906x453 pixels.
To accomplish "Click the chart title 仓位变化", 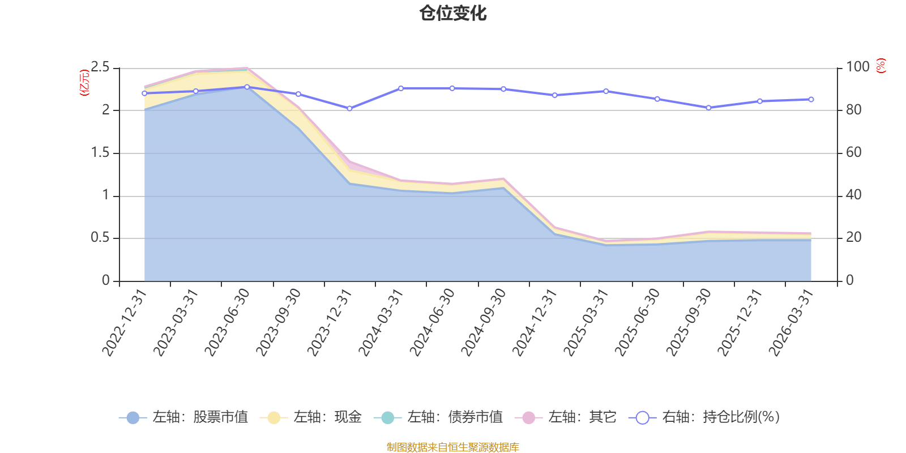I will click(453, 13).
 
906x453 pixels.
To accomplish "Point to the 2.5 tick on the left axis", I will click(100, 67).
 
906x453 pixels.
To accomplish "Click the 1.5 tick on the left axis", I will click(100, 153).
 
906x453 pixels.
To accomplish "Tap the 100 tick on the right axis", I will click(857, 67).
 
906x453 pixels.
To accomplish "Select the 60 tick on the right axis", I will click(854, 153).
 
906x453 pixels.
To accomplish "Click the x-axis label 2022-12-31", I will click(125, 322).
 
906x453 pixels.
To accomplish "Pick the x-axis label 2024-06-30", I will click(433, 322).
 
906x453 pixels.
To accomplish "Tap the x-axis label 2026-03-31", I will click(792, 322).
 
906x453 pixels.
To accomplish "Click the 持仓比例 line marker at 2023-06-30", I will click(247, 87).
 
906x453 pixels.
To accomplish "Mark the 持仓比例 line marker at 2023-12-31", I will click(349, 108).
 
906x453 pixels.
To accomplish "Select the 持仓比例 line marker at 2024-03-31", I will click(401, 88).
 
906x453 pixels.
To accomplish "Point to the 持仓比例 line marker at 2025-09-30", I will click(708, 108).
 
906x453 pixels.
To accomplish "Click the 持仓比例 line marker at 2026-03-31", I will click(811, 100).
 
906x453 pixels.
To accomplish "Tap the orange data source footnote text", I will click(453, 447).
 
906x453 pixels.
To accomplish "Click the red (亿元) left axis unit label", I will click(84, 83).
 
